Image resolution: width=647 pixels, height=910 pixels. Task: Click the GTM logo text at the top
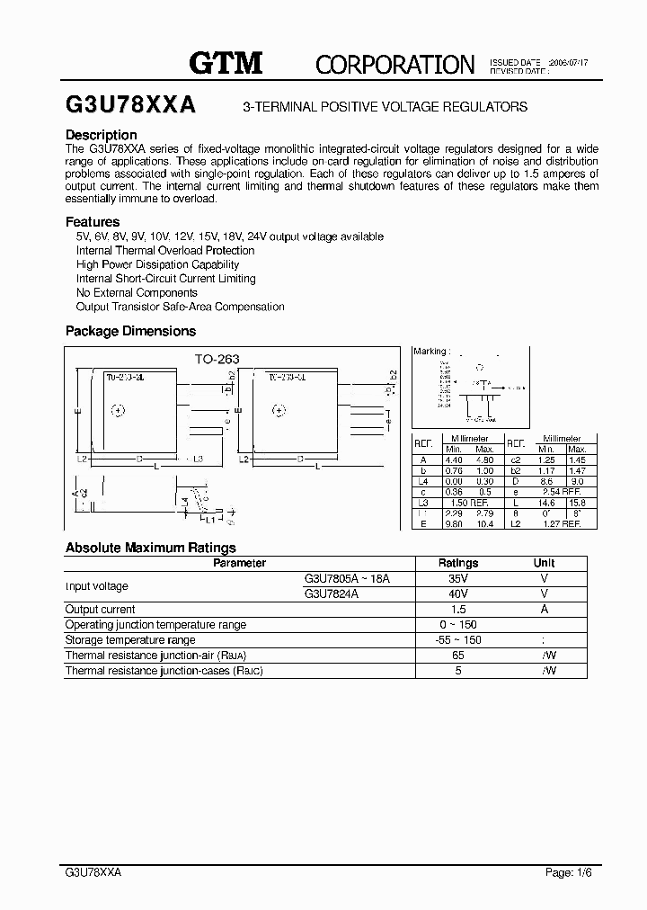click(x=225, y=62)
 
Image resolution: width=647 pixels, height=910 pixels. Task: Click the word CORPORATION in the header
click(x=394, y=64)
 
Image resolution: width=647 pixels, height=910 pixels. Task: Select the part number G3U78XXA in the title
click(x=129, y=105)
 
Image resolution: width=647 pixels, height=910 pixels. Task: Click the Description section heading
click(x=102, y=135)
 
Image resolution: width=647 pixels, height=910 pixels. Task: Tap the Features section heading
click(x=93, y=221)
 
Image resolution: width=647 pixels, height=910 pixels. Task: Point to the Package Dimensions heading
click(x=130, y=331)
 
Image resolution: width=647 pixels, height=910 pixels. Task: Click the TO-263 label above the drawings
click(x=217, y=359)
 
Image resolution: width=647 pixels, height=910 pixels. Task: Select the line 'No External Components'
click(x=137, y=292)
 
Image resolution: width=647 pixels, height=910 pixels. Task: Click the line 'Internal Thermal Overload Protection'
click(x=165, y=250)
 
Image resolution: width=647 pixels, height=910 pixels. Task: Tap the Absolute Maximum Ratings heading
click(x=151, y=547)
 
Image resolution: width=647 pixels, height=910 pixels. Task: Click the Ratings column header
click(x=457, y=563)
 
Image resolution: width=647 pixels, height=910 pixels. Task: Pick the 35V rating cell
click(x=457, y=579)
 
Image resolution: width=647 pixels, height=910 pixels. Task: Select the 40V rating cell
click(x=457, y=593)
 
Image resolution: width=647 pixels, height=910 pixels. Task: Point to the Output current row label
click(x=101, y=609)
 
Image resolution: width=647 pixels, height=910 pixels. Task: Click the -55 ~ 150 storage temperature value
click(x=457, y=639)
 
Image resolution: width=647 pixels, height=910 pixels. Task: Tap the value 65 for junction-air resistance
click(x=457, y=656)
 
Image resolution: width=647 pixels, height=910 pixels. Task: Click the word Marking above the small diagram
click(x=430, y=352)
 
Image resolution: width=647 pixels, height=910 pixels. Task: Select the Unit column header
click(x=545, y=563)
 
